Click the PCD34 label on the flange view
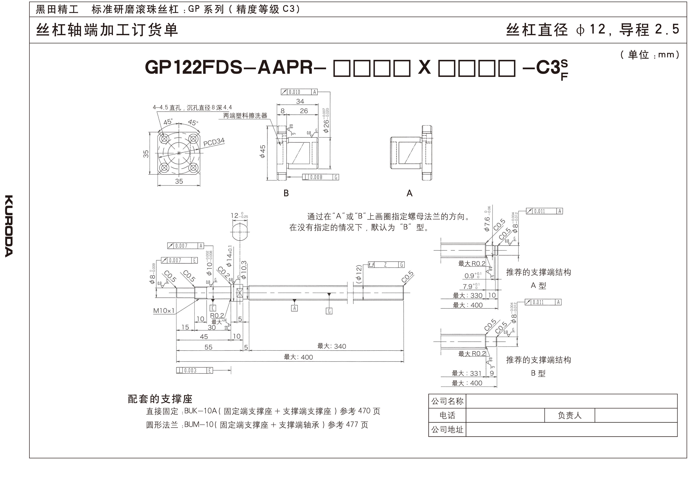tap(214, 142)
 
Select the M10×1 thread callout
tap(164, 311)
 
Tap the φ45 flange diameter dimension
tap(263, 151)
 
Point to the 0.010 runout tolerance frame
tap(299, 92)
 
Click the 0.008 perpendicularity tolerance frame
tap(321, 177)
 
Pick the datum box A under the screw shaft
tap(294, 308)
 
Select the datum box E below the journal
tap(213, 308)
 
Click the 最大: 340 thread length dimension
tap(332, 346)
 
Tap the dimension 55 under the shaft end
tap(208, 347)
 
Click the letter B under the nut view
tap(286, 193)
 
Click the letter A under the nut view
tap(409, 193)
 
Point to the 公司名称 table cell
tap(447, 401)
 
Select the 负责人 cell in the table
tap(569, 416)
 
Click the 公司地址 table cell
tap(447, 429)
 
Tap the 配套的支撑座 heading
tap(160, 399)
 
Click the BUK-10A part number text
tap(201, 411)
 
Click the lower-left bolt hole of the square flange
tap(165, 168)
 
